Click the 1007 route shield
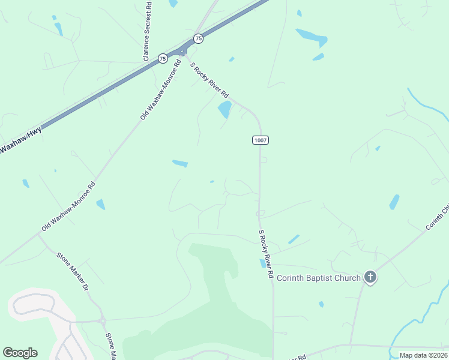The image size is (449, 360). (260, 140)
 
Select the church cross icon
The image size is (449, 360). (371, 277)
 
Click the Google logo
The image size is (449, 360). (20, 353)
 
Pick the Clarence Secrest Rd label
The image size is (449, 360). (147, 32)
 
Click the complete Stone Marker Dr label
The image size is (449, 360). (73, 272)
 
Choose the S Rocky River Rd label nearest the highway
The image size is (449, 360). (209, 80)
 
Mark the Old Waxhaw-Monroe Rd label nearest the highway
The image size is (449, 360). (160, 89)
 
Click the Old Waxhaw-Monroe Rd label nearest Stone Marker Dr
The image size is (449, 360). (68, 207)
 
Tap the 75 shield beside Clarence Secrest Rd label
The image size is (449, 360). (163, 58)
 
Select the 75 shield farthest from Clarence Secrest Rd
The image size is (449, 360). (199, 38)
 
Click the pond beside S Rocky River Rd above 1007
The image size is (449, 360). (224, 109)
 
